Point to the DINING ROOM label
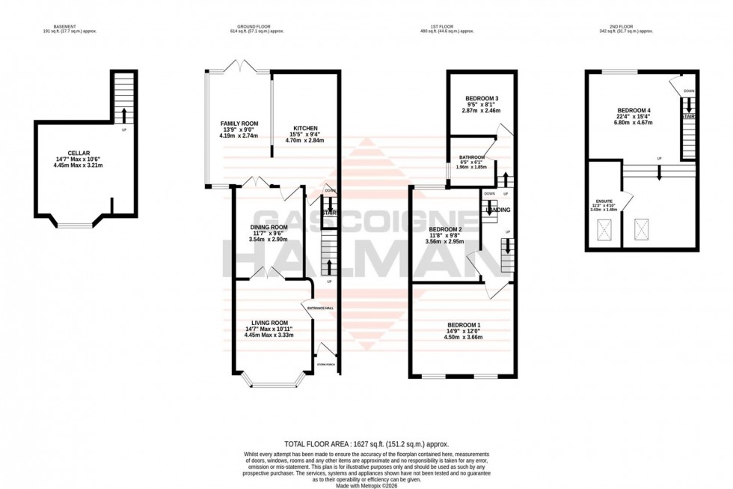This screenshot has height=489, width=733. click(x=269, y=227)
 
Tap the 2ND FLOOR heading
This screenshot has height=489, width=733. click(x=632, y=26)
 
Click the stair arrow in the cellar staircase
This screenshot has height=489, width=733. click(x=124, y=115)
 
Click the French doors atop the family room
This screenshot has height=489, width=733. click(x=242, y=70)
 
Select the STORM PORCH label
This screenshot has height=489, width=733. click(x=327, y=365)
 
